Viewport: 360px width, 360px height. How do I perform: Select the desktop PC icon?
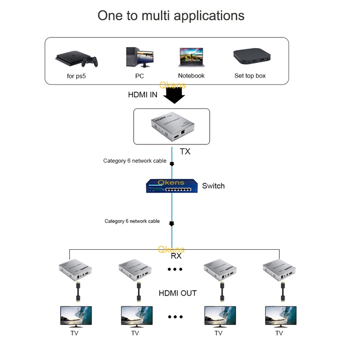click(x=139, y=57)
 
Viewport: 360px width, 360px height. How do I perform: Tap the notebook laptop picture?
click(x=191, y=58)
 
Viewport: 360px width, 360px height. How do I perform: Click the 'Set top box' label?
click(x=250, y=76)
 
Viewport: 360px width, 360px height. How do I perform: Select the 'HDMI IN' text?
click(x=143, y=95)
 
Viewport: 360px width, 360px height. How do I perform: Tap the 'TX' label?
click(x=185, y=152)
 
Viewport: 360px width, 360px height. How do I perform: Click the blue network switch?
click(x=171, y=186)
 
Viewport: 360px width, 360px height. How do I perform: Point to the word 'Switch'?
click(x=213, y=186)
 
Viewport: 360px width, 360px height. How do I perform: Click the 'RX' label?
click(x=176, y=256)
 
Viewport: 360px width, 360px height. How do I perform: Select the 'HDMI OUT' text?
click(x=178, y=293)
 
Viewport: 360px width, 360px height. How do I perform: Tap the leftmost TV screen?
click(x=76, y=316)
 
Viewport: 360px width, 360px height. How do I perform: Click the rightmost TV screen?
click(x=280, y=316)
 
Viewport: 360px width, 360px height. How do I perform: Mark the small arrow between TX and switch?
click(x=171, y=164)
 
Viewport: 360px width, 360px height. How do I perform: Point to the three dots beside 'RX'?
click(x=175, y=269)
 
